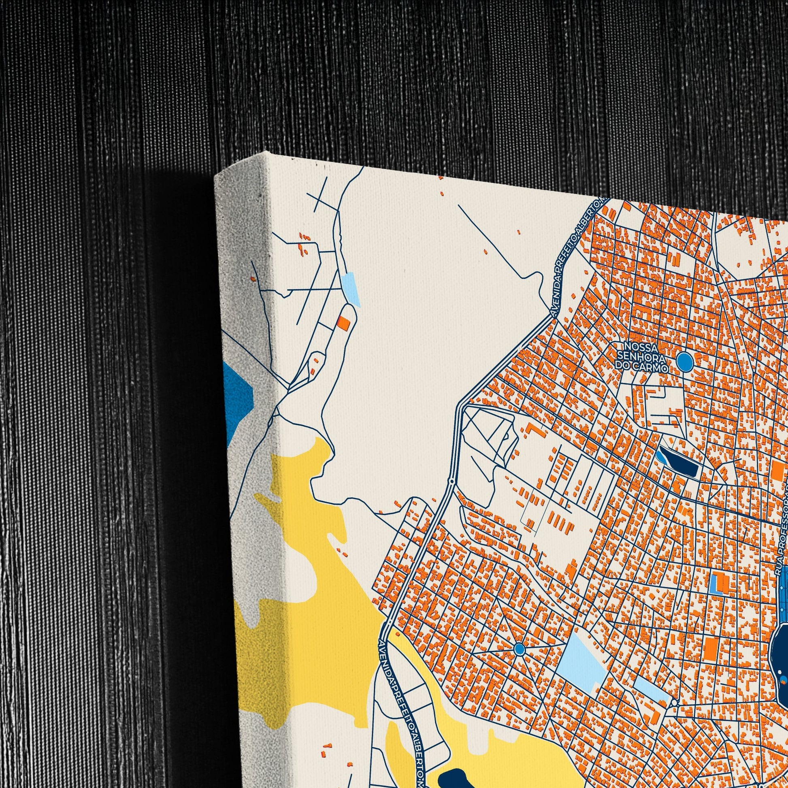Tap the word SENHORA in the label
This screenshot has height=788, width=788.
point(641,358)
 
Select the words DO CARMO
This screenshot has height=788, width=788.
point(641,368)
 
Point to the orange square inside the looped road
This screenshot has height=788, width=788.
point(344,323)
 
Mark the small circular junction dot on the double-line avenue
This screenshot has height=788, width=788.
point(452,481)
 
